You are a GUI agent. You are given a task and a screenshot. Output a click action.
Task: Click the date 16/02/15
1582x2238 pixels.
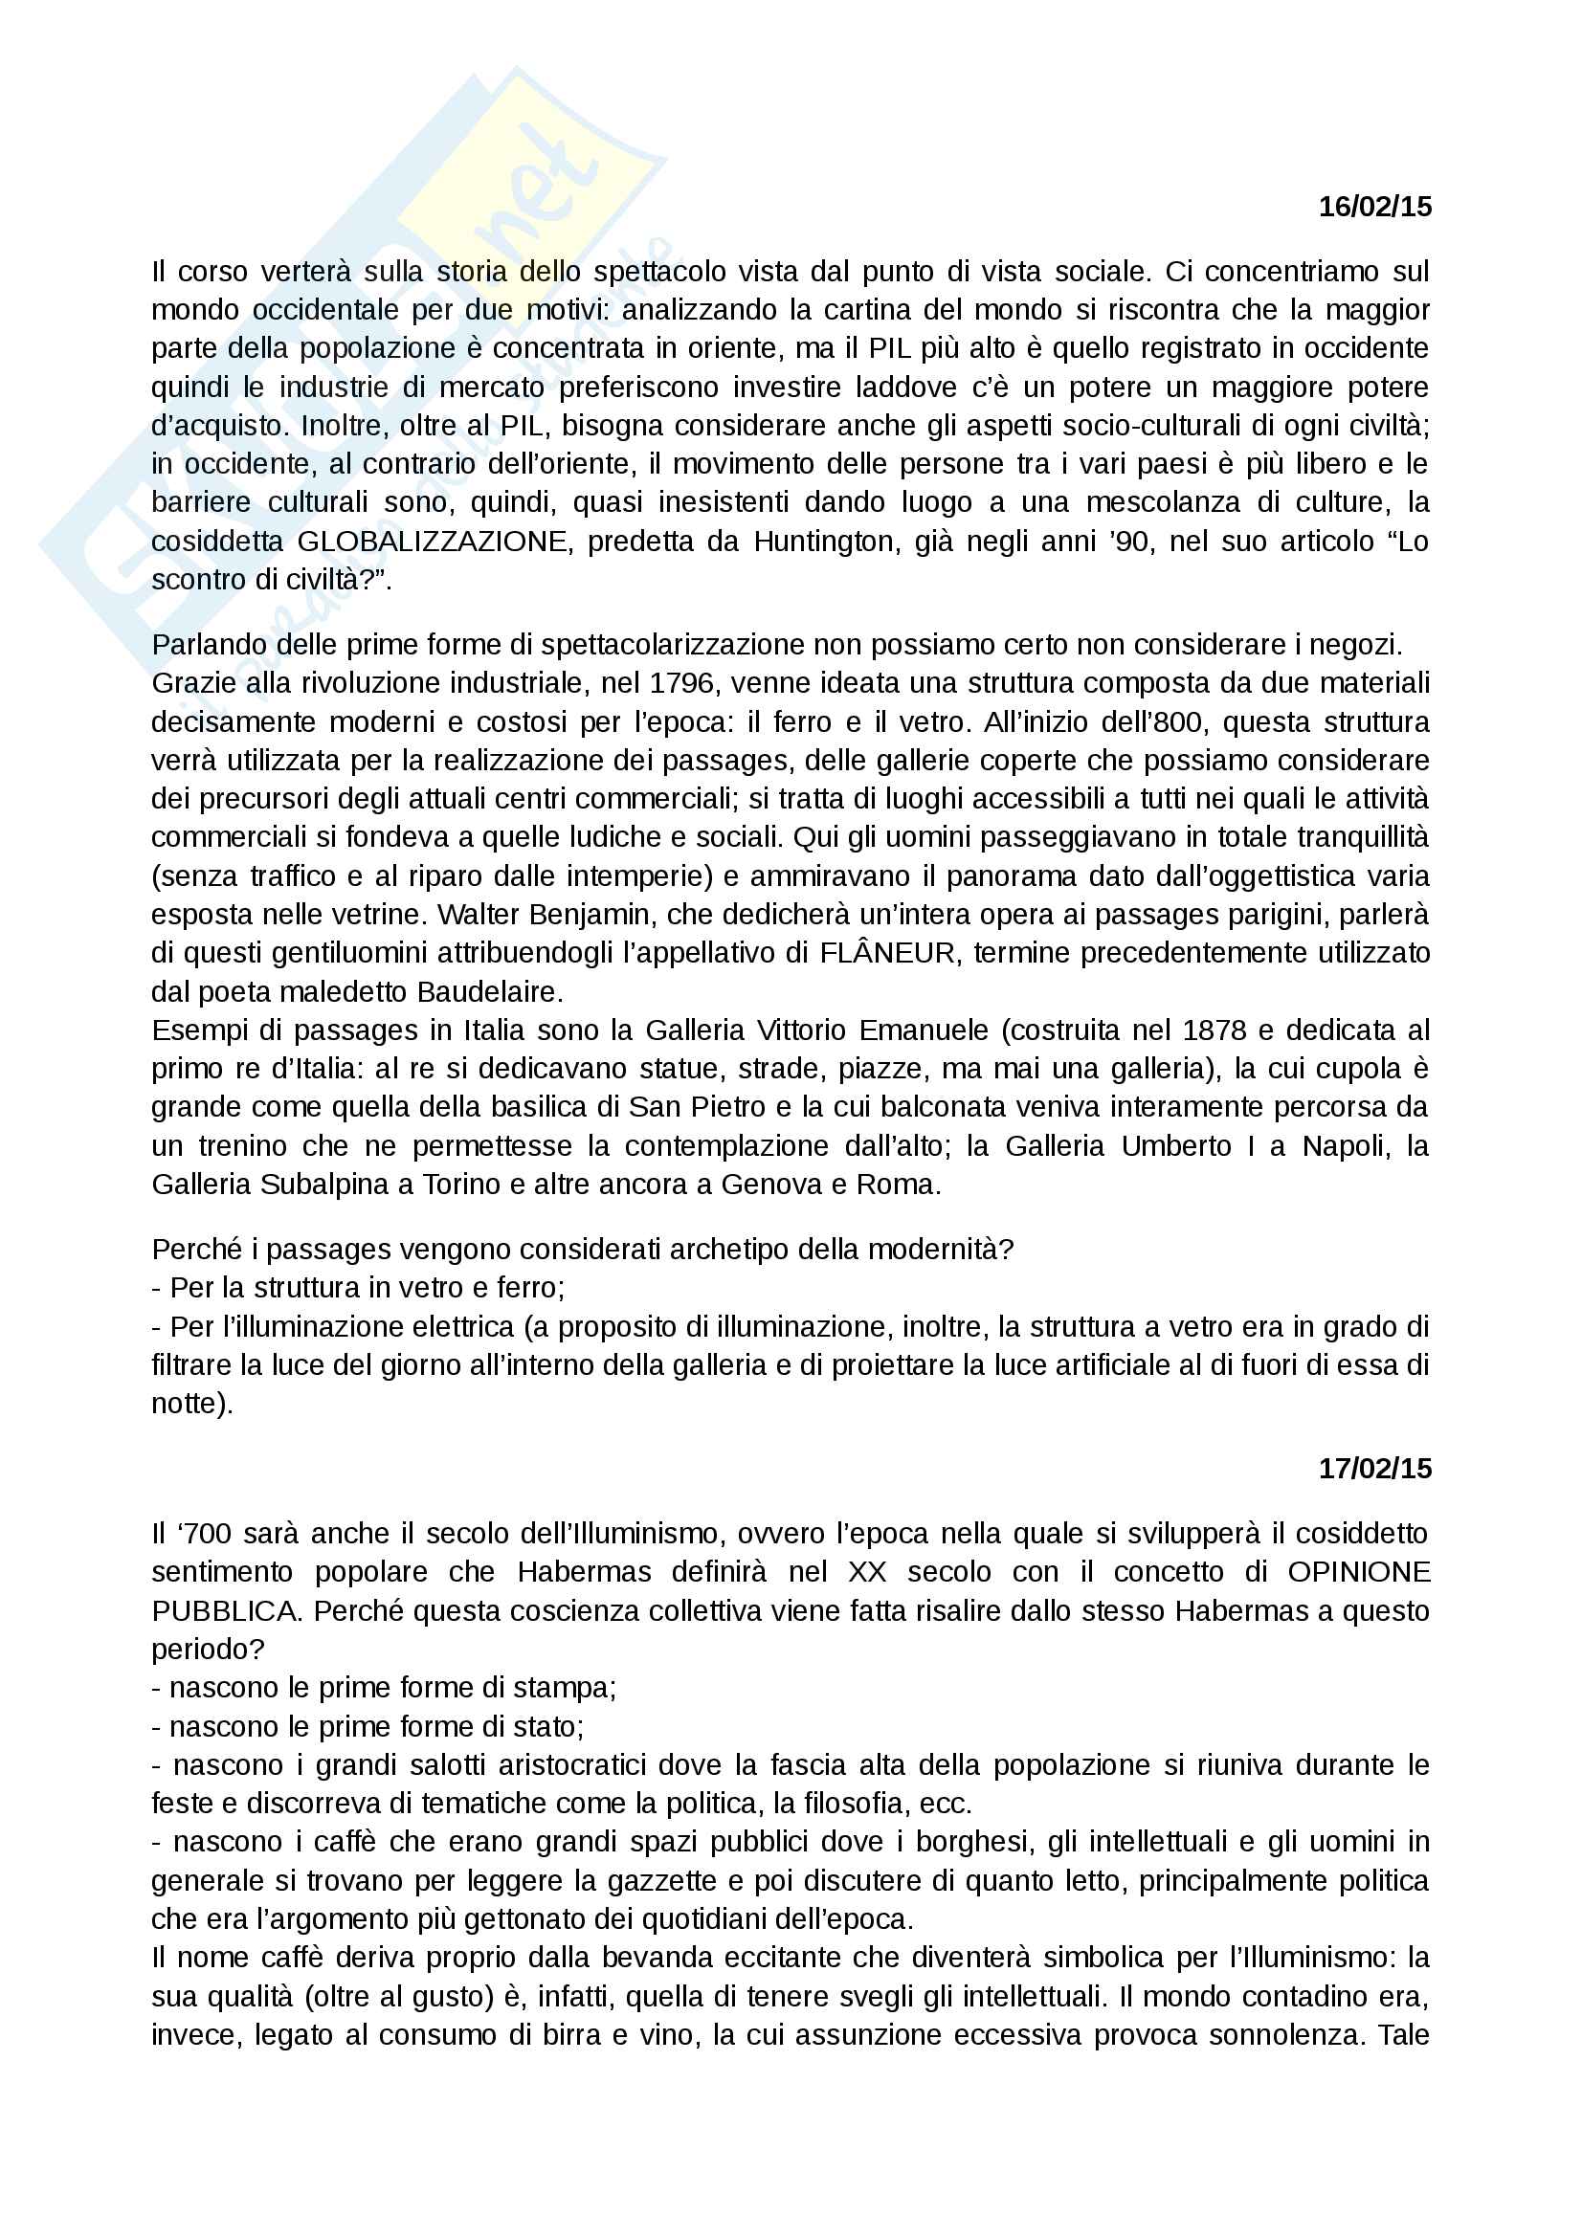click(1374, 207)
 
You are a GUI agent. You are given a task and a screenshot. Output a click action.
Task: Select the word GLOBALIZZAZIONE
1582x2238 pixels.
click(433, 542)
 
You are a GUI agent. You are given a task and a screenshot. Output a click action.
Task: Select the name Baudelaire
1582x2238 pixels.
click(489, 992)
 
